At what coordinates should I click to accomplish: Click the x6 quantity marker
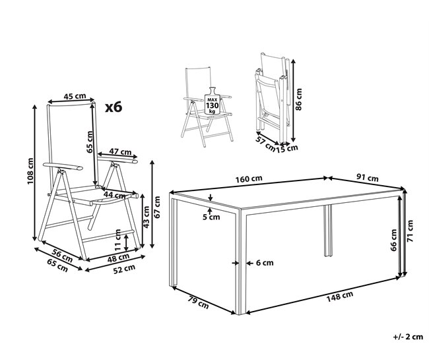click(114, 107)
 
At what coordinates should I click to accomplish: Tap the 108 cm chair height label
click(30, 171)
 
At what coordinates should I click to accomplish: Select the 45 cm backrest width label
click(75, 96)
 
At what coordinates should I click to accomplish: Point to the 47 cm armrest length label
click(120, 152)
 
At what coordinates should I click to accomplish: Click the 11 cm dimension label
click(117, 240)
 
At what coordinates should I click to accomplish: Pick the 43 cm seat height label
click(146, 217)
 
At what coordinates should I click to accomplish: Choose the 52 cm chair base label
click(124, 269)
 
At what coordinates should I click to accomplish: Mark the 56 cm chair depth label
click(63, 256)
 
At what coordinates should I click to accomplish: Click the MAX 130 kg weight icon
click(212, 101)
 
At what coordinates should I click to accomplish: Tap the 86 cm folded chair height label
click(298, 99)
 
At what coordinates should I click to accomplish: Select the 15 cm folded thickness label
click(286, 148)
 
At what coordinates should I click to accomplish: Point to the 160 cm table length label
click(249, 179)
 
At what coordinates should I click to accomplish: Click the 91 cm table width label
click(368, 178)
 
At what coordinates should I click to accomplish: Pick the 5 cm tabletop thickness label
click(211, 217)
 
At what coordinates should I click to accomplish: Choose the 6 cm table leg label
click(265, 263)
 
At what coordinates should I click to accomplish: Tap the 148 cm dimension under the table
click(339, 296)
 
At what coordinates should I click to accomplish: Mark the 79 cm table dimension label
click(198, 302)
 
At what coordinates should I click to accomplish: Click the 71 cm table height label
click(410, 231)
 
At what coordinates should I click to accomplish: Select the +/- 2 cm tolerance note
click(408, 337)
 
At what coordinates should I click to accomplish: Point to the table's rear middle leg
click(328, 231)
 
